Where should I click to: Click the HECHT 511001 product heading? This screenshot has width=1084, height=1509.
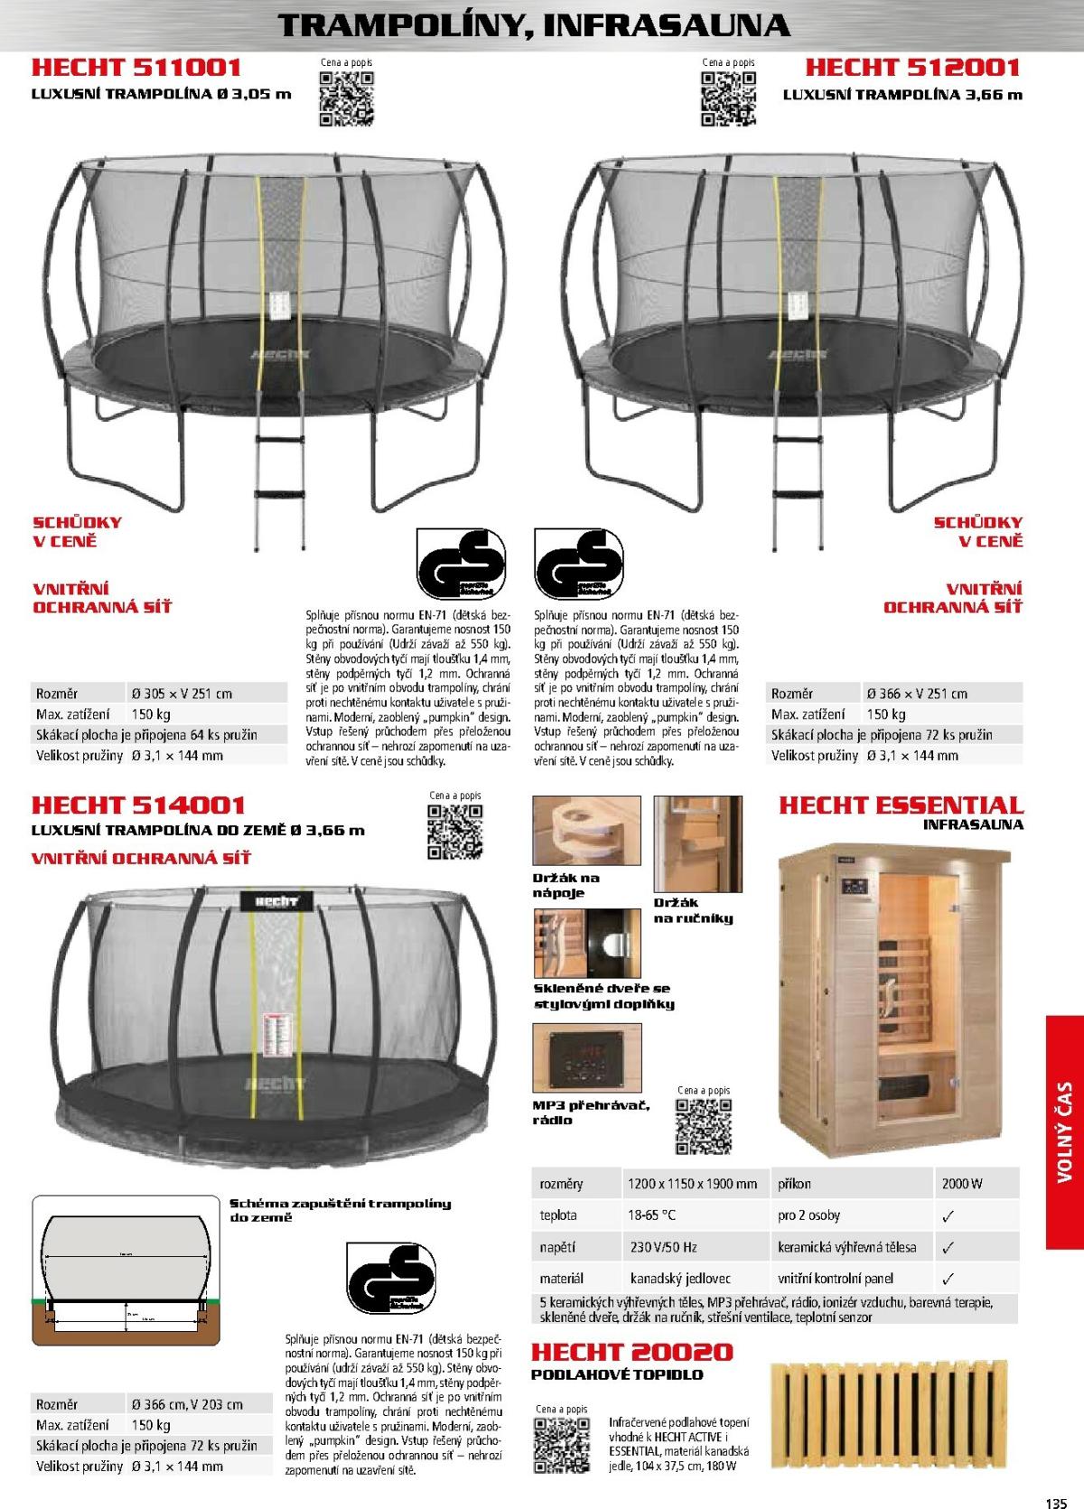coord(136,67)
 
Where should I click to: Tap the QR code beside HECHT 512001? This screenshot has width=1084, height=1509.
coord(729,97)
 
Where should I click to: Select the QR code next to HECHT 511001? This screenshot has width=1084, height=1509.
coord(346,97)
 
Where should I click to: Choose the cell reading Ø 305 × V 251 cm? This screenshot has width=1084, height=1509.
coord(182,694)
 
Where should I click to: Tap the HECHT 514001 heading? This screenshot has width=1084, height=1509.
coord(138,805)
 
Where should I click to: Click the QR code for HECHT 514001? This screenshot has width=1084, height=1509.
coord(454,830)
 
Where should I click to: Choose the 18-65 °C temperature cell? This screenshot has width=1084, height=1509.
coord(651,1215)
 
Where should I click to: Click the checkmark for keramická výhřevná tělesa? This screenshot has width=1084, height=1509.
coord(948,1247)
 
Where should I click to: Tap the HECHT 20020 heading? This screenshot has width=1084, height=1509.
coord(632,1352)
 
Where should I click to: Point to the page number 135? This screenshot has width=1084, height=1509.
coord(1057,1496)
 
